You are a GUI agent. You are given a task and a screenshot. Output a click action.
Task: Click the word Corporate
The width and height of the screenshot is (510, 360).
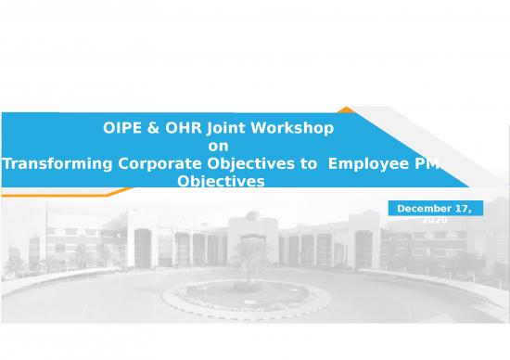tap(160, 163)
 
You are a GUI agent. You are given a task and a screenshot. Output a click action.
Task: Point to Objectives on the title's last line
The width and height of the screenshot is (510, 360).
tap(220, 182)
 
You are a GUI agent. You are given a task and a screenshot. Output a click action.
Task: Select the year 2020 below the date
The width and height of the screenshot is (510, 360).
tap(433, 220)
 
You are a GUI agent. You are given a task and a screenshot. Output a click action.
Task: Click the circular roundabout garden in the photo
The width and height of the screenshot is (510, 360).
tap(247, 295)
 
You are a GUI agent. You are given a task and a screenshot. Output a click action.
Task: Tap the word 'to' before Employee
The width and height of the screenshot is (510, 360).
tap(309, 163)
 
